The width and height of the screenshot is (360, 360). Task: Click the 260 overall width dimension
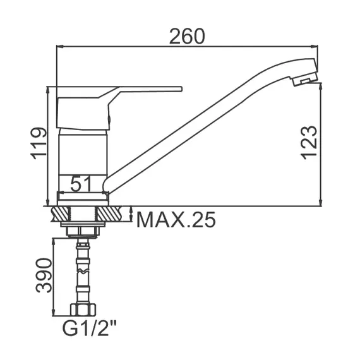click(x=186, y=37)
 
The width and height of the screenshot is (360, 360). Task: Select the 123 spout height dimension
click(x=309, y=143)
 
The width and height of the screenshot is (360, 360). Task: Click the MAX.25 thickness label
click(x=176, y=220)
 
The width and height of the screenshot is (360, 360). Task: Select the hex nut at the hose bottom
click(x=83, y=310)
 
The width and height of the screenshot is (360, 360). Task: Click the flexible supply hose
click(x=83, y=272)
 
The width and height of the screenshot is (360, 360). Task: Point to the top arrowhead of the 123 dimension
click(x=322, y=87)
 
